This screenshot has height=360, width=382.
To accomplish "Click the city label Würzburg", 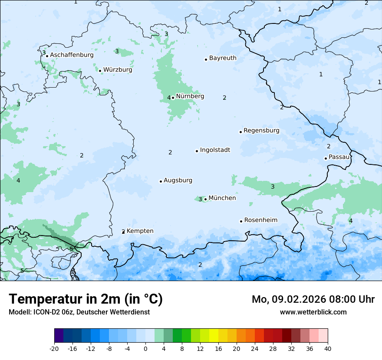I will pyautogui.click(x=118, y=70).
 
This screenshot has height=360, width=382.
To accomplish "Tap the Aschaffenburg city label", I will pyautogui.click(x=72, y=55).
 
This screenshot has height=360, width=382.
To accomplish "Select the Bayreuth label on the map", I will pyautogui.click(x=223, y=58).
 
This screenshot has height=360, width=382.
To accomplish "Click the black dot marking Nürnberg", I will pyautogui.click(x=173, y=98).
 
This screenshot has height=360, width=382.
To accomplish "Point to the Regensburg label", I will pyautogui.click(x=261, y=131).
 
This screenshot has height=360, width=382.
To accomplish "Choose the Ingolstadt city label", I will pyautogui.click(x=215, y=150).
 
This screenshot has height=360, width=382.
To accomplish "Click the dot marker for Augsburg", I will pyautogui.click(x=161, y=181).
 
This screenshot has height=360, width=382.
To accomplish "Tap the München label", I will pyautogui.click(x=222, y=198).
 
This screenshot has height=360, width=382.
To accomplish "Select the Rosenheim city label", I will pyautogui.click(x=260, y=220).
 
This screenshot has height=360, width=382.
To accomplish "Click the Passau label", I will pyautogui.click(x=339, y=157).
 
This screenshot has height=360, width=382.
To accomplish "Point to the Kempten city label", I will pyautogui.click(x=140, y=231).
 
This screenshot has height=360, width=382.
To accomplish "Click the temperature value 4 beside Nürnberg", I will pyautogui.click(x=169, y=98).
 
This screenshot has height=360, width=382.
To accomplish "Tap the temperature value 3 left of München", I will pyautogui.click(x=200, y=200).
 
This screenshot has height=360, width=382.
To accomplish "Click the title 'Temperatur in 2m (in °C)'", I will pyautogui.click(x=86, y=299).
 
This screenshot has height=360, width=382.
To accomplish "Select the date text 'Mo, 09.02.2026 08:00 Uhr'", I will pyautogui.click(x=313, y=299).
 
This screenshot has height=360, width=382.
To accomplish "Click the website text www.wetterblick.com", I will pyautogui.click(x=313, y=312).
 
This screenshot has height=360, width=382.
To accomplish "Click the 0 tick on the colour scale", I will pyautogui.click(x=145, y=349).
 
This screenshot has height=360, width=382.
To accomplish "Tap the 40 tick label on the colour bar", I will pyautogui.click(x=328, y=349).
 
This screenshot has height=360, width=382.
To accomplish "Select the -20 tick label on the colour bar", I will pyautogui.click(x=54, y=349).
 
